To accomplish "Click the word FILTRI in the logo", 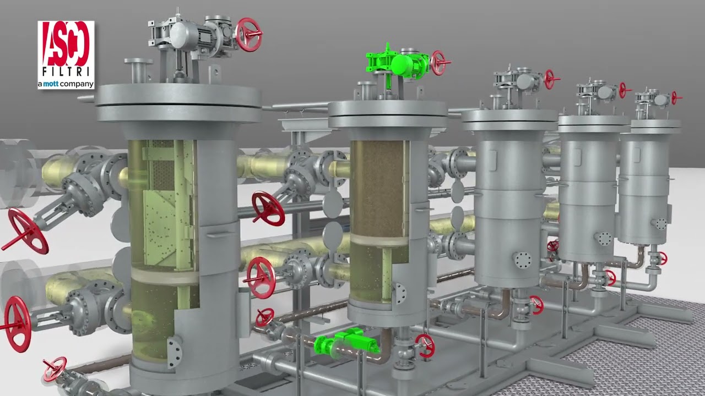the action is (x=66, y=71).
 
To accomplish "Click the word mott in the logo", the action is (x=51, y=84).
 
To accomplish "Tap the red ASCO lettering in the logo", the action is (x=66, y=43).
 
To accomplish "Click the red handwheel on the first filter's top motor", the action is (x=248, y=35).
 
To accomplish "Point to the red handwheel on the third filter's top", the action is (x=551, y=79).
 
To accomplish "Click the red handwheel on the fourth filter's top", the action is (x=623, y=90).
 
